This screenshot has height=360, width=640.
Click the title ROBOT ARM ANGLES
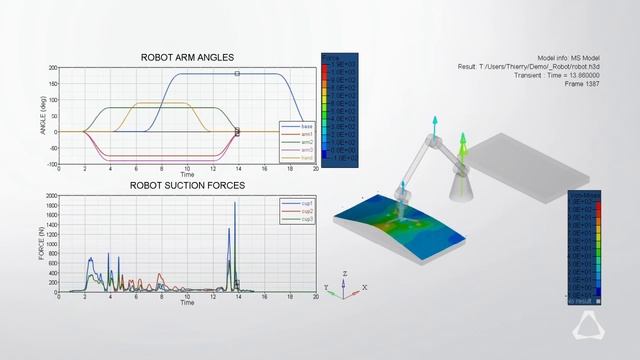click(188, 57)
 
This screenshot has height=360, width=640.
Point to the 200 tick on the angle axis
click(52, 68)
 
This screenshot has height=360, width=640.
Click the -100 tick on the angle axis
click(50, 164)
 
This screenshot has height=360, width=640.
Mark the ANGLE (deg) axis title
click(42, 116)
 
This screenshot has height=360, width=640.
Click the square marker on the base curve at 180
click(237, 74)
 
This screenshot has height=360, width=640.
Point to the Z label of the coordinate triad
click(344, 272)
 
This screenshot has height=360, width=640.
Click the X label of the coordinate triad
click(364, 287)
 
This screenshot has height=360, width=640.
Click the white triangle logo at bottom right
click(605, 326)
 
